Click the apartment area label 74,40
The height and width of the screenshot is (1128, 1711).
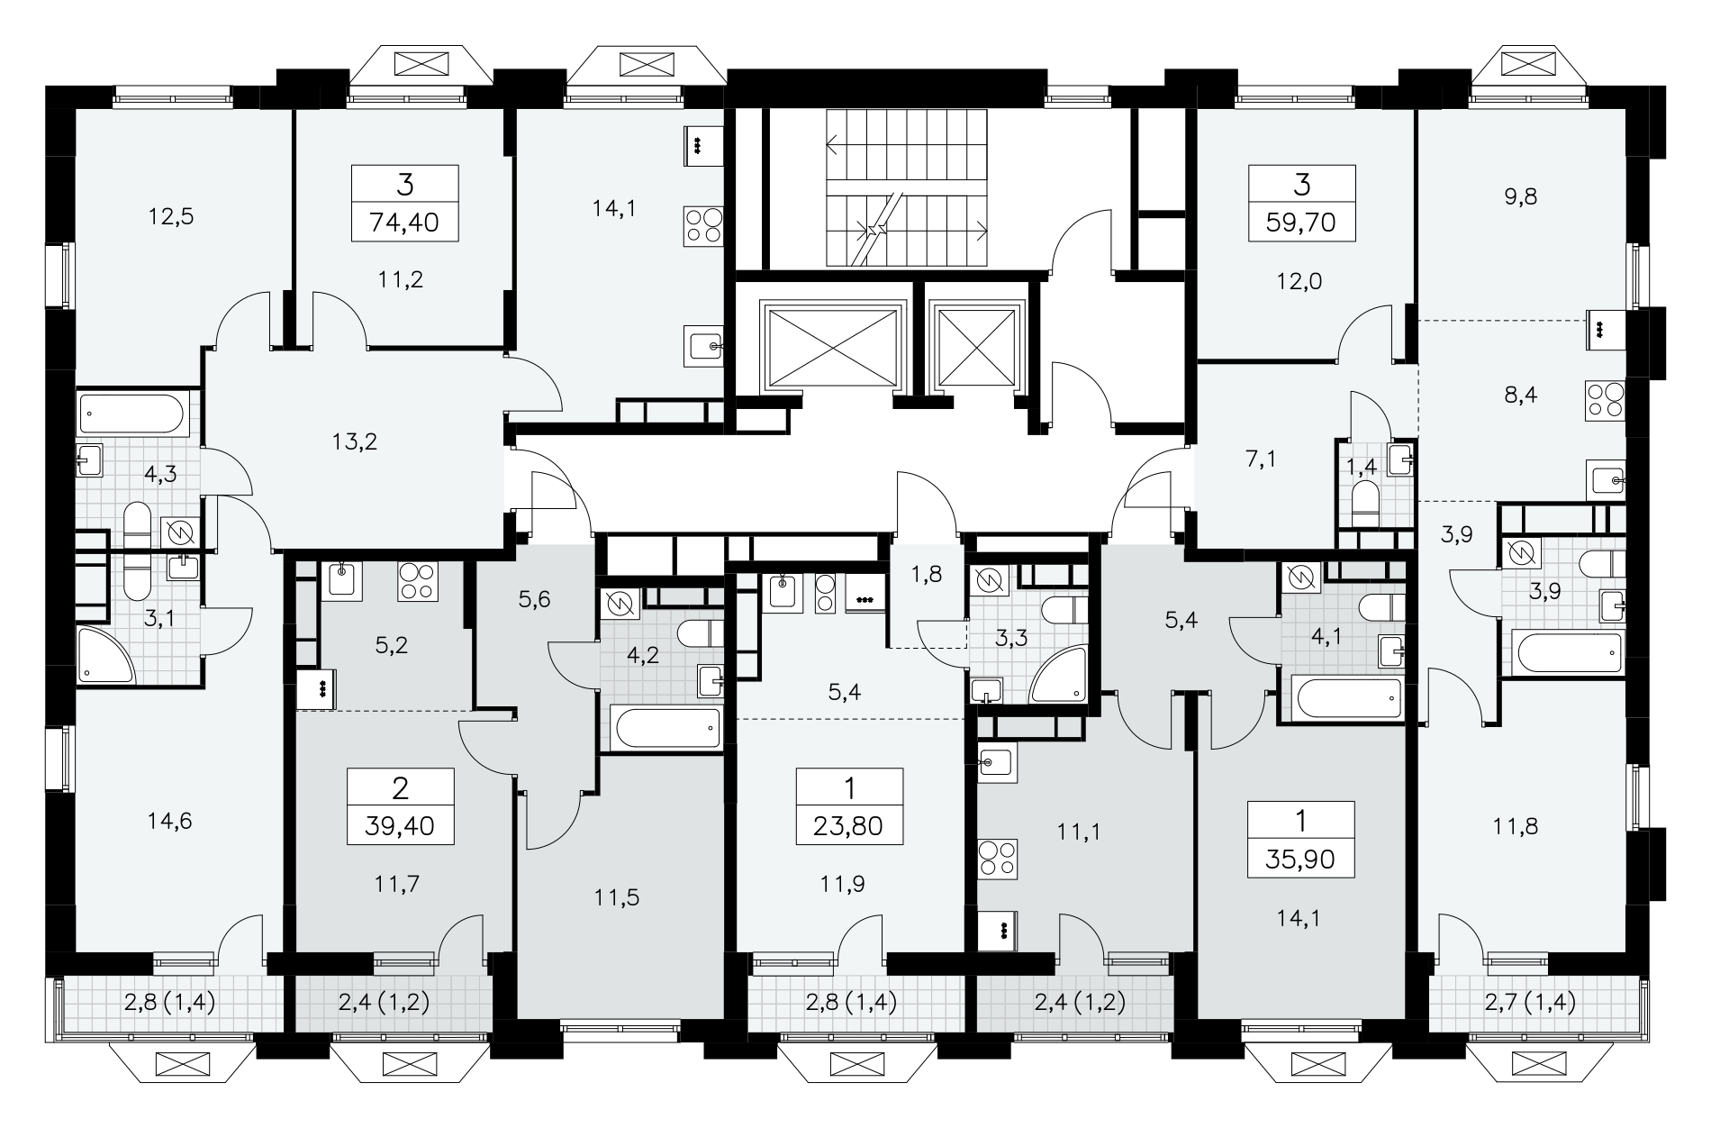tap(404, 222)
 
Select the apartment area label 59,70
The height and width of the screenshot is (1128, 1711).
tap(1301, 222)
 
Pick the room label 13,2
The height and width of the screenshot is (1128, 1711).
tap(354, 441)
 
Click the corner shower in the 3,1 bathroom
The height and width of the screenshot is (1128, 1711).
tap(105, 654)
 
